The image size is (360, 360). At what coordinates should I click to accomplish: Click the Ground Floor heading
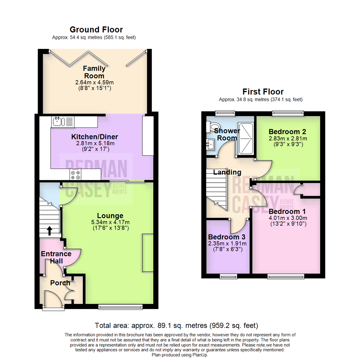[x=96, y=30]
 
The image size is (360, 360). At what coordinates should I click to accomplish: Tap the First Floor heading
[x=263, y=92]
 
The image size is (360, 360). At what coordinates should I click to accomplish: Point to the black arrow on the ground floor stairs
[x=50, y=231]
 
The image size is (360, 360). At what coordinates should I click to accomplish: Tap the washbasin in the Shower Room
[x=210, y=144]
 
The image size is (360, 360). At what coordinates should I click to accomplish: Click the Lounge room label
[x=110, y=216]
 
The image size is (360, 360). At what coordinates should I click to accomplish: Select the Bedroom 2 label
[x=287, y=131]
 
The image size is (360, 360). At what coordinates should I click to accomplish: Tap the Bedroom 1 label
[x=287, y=212]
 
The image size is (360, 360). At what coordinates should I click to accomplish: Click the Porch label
[x=60, y=283]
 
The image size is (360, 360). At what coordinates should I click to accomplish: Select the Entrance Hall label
[x=56, y=257]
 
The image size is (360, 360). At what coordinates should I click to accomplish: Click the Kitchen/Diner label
[x=94, y=137]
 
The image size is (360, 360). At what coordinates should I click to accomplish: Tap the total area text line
[x=176, y=325]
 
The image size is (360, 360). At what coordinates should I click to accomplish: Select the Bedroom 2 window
[x=287, y=114]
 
